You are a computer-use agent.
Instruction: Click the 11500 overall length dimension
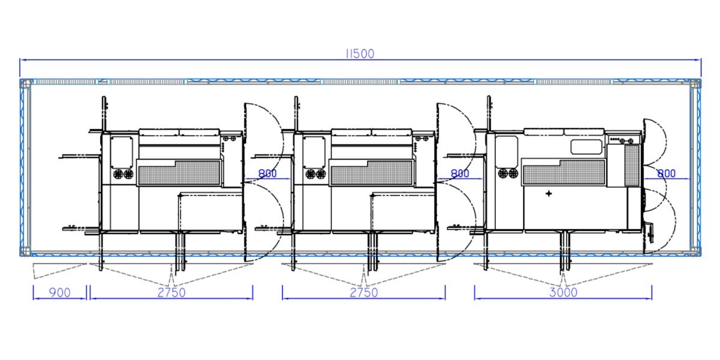(360, 54)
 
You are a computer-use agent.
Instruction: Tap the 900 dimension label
(59, 293)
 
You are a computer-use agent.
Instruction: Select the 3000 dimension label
(563, 293)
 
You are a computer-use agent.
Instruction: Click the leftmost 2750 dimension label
(172, 293)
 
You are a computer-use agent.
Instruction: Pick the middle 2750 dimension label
(364, 293)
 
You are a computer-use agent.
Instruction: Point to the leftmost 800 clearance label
(268, 173)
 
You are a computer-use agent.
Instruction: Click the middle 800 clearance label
(460, 173)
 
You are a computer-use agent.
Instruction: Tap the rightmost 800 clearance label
(667, 173)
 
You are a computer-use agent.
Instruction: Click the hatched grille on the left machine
(179, 173)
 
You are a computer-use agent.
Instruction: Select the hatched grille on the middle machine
(371, 173)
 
